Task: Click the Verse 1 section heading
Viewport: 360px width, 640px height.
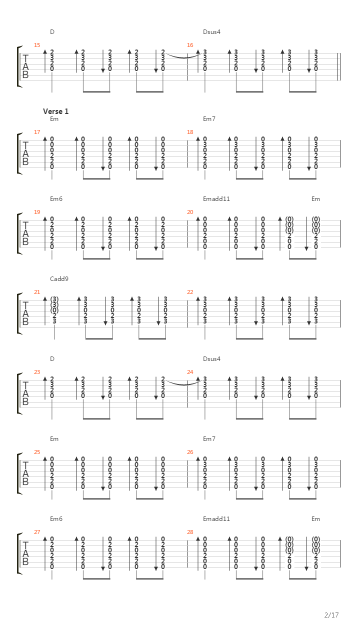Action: click(55, 111)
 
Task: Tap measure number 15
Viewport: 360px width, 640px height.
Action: click(37, 45)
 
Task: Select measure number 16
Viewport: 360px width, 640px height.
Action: click(190, 45)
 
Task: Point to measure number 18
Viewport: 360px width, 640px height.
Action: click(190, 132)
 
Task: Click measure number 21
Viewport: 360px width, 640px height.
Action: click(37, 292)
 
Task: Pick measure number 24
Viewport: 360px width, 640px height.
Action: click(190, 372)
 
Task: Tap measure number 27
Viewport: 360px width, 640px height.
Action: click(37, 532)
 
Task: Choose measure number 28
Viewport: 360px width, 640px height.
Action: click(190, 532)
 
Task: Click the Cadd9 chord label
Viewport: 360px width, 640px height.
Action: click(59, 279)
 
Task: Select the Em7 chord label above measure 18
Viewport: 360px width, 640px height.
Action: click(209, 119)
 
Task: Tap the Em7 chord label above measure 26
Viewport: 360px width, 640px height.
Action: click(209, 439)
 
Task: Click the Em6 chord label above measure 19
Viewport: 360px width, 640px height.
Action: click(56, 199)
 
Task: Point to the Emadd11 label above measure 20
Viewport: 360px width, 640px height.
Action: click(216, 199)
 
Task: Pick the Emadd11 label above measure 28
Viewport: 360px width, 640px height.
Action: click(216, 519)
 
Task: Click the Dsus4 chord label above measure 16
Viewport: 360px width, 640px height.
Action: click(211, 32)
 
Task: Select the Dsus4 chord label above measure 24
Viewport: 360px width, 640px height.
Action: click(211, 359)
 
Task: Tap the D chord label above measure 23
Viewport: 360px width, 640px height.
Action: click(52, 359)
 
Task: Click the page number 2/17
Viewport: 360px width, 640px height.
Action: click(331, 615)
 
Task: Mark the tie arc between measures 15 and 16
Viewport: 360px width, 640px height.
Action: click(184, 57)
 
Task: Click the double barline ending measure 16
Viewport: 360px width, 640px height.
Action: click(339, 67)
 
